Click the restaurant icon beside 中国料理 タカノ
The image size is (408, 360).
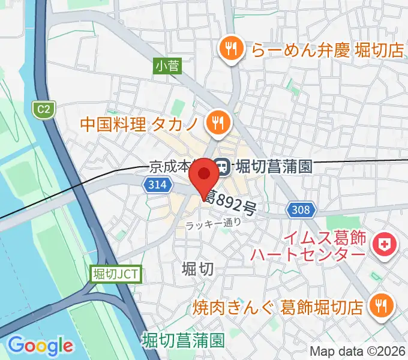click(x=216, y=124)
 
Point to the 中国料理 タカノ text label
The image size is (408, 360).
click(x=142, y=124)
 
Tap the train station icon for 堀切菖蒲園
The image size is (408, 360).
click(x=222, y=166)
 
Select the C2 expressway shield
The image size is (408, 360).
click(x=41, y=109)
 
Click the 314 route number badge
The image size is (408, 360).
click(x=155, y=187)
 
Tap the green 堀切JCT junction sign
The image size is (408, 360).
click(x=117, y=274)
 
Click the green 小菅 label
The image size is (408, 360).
click(x=167, y=67)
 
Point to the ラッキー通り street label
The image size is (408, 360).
click(x=213, y=223)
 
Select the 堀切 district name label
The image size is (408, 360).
click(x=197, y=269)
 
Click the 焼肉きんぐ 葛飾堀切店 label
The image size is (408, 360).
click(x=278, y=307)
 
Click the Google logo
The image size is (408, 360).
click(x=40, y=345)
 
